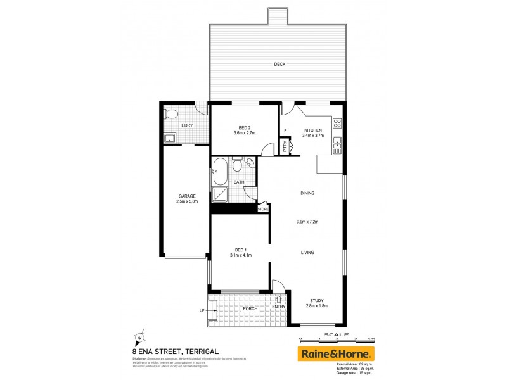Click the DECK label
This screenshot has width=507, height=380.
pos(279,64)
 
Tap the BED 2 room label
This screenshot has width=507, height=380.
pos(244,127)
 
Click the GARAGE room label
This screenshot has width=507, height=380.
pos(186,196)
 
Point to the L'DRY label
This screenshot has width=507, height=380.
pos(187,125)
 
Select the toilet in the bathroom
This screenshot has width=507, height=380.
pos(237,165)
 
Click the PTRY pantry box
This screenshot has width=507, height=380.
pos(285,146)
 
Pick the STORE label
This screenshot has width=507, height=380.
pos(263,208)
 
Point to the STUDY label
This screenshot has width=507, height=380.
pos(318,301)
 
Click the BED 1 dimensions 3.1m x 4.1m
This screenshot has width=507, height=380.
pos(241,255)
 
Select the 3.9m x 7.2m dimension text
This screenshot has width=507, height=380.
pos(307,222)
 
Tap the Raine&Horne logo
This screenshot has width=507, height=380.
pos(336,353)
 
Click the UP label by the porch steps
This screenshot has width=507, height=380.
pos(202,310)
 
